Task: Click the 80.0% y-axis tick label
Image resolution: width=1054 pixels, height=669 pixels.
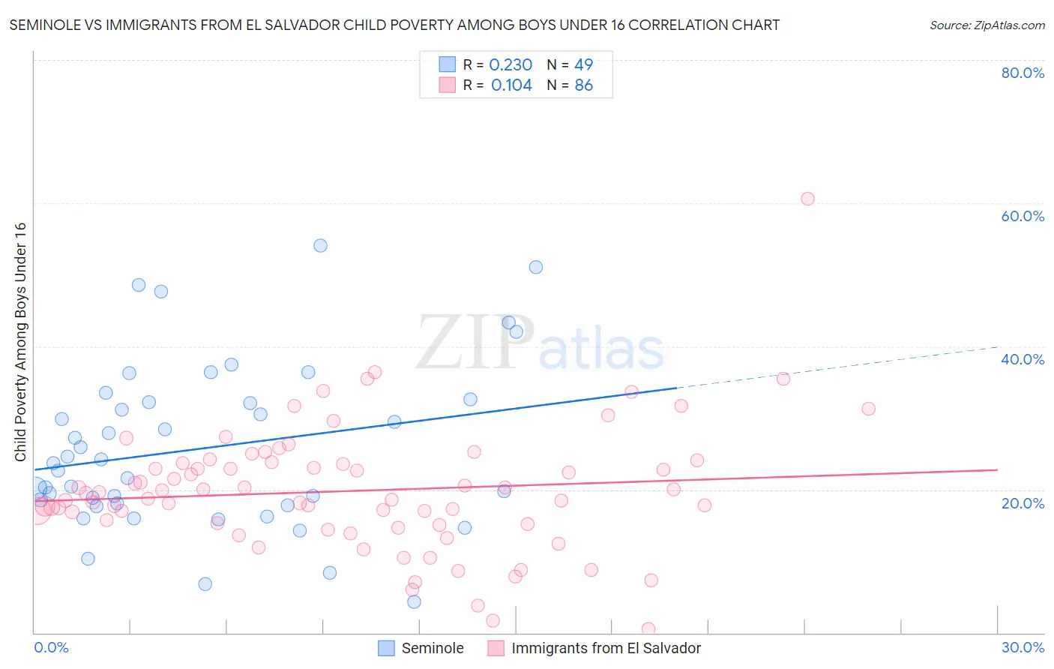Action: [1023, 73]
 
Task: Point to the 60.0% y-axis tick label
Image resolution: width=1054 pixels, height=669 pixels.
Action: [1023, 216]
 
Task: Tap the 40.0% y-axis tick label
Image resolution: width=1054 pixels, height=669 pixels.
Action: [1023, 359]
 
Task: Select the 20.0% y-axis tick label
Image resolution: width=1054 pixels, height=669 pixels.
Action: [1023, 503]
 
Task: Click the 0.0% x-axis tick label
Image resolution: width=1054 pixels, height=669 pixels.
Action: [52, 647]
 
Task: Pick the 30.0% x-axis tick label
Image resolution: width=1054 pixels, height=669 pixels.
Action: [1023, 647]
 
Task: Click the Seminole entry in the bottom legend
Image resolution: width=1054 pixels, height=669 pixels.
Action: [432, 648]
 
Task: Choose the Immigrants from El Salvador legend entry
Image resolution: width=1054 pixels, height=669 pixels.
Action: [605, 648]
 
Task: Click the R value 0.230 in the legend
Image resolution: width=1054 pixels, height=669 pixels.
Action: [511, 65]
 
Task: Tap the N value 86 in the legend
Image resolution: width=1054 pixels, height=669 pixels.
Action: [583, 85]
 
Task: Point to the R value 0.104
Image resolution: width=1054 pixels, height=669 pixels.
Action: [511, 85]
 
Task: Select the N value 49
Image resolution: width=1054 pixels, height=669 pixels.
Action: [583, 65]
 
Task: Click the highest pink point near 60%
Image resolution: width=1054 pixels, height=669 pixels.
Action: [807, 199]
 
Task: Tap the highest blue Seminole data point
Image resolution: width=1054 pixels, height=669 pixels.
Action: [320, 245]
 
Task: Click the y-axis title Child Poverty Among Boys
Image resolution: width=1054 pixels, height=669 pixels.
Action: [20, 342]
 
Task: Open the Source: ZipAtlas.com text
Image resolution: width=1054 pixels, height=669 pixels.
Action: [987, 25]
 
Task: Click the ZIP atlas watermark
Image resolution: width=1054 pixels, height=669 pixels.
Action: [540, 343]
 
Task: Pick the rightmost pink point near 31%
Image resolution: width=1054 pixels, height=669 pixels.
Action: [868, 409]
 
